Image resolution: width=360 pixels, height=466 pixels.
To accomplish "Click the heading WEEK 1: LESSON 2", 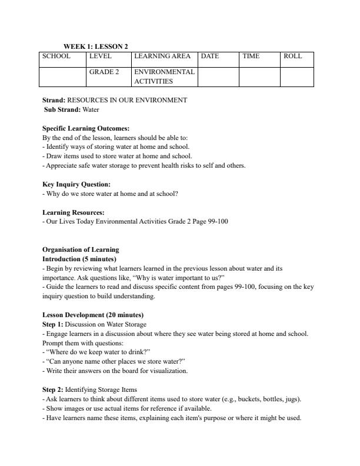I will click(95, 46).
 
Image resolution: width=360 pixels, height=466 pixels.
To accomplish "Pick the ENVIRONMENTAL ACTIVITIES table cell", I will click(164, 76).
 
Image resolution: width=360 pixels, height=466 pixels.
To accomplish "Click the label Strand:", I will click(54, 100).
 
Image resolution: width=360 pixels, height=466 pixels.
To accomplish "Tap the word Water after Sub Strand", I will click(91, 109).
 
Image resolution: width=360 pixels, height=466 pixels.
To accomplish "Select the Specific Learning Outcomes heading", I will click(86, 128).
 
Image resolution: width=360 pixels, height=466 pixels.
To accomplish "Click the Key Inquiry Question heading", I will click(76, 184).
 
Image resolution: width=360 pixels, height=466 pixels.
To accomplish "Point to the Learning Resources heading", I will click(74, 212).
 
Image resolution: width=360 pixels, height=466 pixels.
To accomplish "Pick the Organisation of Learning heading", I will click(81, 249).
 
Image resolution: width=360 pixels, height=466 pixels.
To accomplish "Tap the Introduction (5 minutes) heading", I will click(79, 259).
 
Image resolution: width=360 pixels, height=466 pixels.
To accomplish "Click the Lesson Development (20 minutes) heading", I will click(93, 315).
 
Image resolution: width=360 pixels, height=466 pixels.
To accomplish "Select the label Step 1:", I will click(53, 324).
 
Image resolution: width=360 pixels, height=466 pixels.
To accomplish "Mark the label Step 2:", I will click(53, 390).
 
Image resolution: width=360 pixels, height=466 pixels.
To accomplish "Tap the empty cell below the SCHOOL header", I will click(62, 77).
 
